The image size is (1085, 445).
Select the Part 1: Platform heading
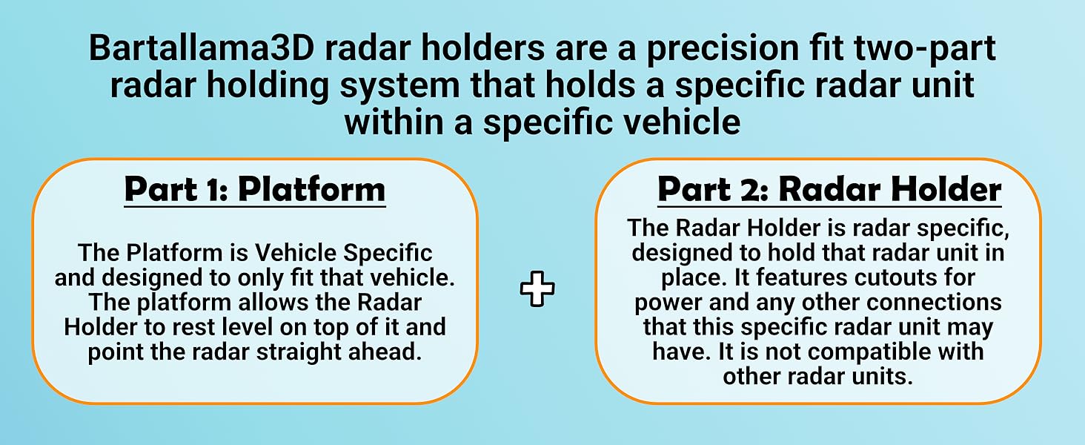(x=255, y=189)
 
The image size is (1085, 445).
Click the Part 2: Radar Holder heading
(x=829, y=189)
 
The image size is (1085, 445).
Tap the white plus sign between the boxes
(x=537, y=289)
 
